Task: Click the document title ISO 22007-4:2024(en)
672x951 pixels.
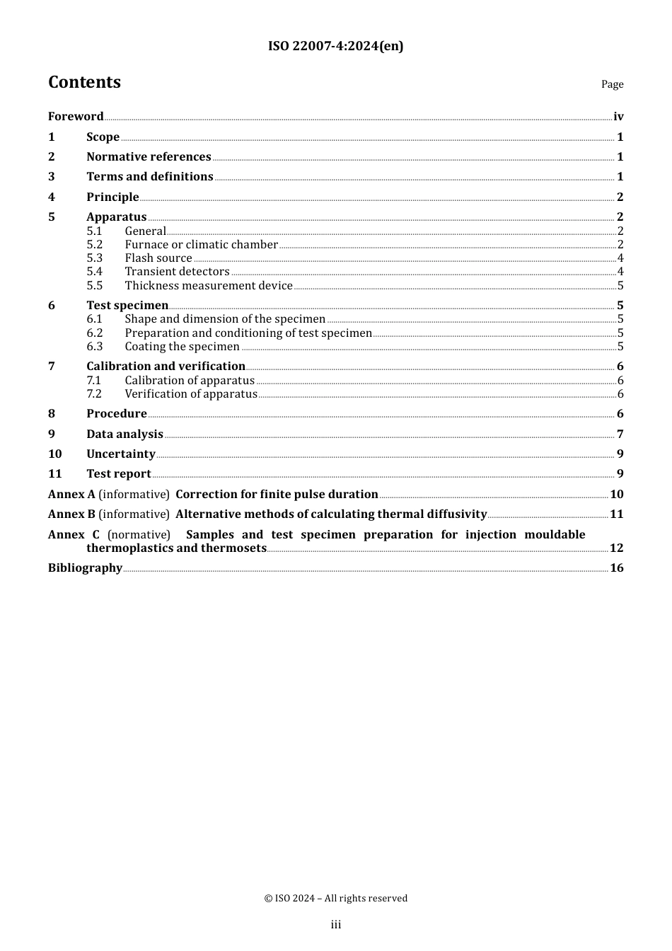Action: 335,47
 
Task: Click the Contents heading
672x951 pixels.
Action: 84,83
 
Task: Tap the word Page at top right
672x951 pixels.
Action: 612,84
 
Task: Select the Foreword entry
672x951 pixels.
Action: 76,117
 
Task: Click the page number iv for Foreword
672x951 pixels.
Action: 618,117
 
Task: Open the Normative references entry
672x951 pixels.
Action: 149,157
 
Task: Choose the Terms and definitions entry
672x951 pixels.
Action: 149,177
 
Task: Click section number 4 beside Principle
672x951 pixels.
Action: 52,197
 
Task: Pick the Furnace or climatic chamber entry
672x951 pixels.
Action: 201,245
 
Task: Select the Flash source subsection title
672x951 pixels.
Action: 158,258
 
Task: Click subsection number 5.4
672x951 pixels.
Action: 95,272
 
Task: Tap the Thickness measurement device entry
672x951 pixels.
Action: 209,286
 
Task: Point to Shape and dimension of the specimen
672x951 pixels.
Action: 225,319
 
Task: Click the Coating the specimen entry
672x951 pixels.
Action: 182,347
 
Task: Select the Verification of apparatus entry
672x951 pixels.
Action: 191,394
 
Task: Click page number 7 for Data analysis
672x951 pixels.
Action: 620,434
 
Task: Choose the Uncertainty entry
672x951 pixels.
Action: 121,454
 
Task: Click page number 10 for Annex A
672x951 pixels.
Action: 617,495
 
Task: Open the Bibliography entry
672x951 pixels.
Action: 85,568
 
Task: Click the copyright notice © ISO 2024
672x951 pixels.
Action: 336,899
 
